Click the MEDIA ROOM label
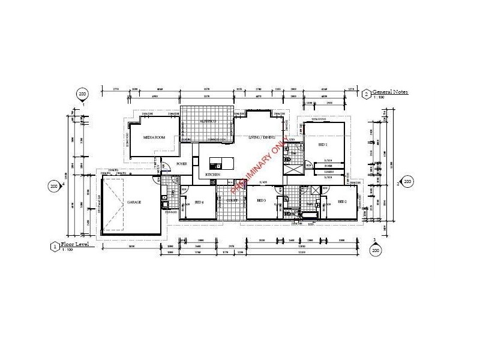[x=154, y=137]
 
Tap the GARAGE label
[x=134, y=202]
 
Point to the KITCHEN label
[x=213, y=174]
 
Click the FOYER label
[x=182, y=163]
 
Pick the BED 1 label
[x=322, y=145]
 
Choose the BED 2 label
[x=342, y=201]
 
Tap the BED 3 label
[x=261, y=200]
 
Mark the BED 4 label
[x=199, y=202]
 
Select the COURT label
[x=232, y=200]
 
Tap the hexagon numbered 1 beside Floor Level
[x=55, y=246]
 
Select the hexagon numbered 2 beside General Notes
[x=367, y=93]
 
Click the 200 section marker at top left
[x=83, y=94]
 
